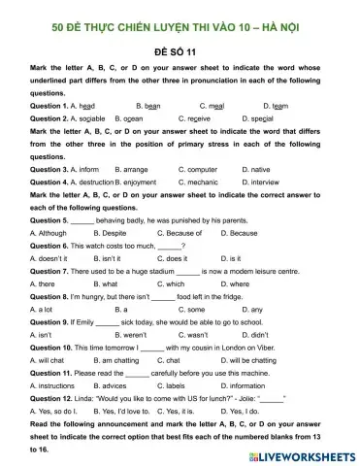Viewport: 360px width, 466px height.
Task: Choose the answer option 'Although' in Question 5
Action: [49, 234]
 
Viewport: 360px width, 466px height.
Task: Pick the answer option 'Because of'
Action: [178, 234]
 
